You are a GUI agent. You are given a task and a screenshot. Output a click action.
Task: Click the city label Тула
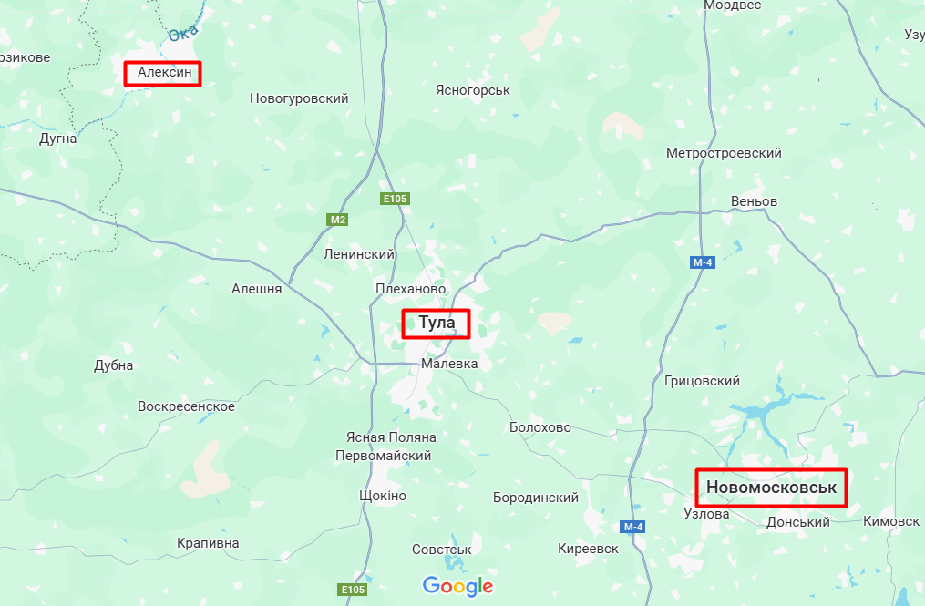click(437, 324)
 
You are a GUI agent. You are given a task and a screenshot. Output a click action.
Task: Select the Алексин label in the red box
click(162, 73)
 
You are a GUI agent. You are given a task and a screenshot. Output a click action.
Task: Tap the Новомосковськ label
click(771, 488)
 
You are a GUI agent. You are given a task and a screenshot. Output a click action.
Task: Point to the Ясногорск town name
click(472, 90)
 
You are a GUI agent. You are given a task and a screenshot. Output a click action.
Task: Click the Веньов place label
click(754, 200)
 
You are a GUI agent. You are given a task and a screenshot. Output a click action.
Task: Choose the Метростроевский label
click(724, 153)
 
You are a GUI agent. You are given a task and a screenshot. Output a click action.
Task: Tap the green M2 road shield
click(338, 220)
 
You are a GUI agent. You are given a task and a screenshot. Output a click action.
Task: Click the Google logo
click(457, 586)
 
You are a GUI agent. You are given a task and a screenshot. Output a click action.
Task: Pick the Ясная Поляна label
click(391, 437)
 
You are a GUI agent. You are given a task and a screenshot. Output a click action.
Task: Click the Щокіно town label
click(383, 496)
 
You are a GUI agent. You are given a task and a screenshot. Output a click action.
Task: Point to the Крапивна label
click(208, 543)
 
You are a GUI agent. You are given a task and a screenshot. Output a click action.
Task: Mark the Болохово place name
click(540, 427)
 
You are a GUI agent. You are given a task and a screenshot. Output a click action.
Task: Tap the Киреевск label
click(588, 548)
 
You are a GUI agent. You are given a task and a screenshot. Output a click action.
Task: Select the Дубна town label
click(114, 365)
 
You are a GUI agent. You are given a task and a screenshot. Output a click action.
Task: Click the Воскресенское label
click(186, 406)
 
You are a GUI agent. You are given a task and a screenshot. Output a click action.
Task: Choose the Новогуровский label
click(299, 98)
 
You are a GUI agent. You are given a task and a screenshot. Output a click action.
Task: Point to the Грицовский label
click(702, 381)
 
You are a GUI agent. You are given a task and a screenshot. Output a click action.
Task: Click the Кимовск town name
click(890, 521)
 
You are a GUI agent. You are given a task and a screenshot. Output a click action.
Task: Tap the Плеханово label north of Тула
click(410, 289)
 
